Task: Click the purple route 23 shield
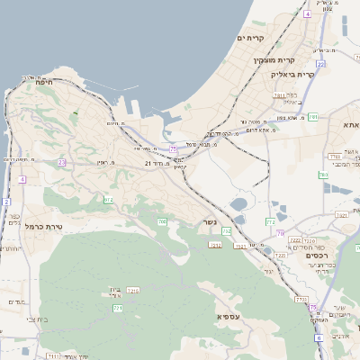tap(61, 162)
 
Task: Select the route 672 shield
tap(110, 199)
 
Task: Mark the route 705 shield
tap(162, 221)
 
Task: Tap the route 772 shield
tap(270, 221)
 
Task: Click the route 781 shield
tap(312, 117)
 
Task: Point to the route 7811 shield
tap(280, 94)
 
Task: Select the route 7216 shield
tap(133, 291)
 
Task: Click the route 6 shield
tap(318, 337)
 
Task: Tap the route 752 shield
tap(227, 231)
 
